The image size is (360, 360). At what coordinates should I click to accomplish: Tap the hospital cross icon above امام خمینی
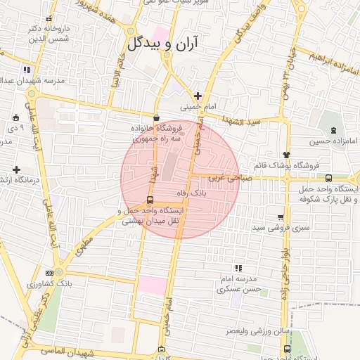(198, 96)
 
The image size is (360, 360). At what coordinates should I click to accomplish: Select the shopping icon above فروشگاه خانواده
(156, 117)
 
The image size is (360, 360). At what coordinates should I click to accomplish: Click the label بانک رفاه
(190, 191)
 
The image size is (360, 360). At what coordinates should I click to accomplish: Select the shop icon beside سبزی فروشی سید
(281, 217)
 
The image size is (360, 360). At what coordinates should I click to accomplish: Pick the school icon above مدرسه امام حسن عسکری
(238, 268)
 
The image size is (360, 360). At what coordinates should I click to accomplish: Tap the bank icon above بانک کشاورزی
(49, 273)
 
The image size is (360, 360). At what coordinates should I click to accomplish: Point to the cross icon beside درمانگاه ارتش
(16, 169)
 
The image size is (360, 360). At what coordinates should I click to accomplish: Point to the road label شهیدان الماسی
(63, 350)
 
